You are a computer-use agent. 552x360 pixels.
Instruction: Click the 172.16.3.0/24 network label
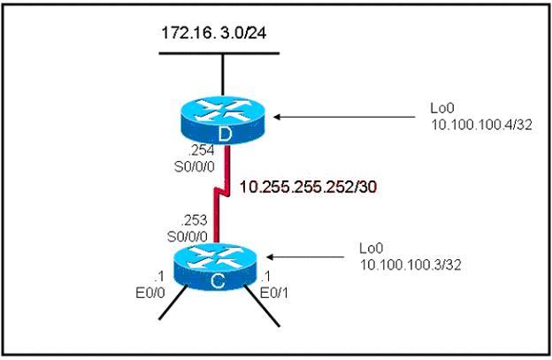(x=214, y=33)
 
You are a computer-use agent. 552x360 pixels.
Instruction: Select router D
(x=222, y=119)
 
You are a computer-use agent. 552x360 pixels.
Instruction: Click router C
(x=215, y=267)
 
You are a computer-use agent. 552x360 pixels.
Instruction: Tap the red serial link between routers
(x=222, y=194)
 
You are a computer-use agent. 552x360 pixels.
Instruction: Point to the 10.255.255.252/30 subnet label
(x=308, y=188)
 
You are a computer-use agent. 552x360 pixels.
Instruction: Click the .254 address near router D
(x=201, y=150)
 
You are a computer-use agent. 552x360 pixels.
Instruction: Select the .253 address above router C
(x=194, y=220)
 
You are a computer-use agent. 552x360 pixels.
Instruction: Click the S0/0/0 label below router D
(x=195, y=166)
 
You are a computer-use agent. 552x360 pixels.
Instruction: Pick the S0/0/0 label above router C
(x=188, y=236)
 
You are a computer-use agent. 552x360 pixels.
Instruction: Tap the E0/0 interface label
(x=150, y=293)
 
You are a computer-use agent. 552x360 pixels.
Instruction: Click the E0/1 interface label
(x=273, y=293)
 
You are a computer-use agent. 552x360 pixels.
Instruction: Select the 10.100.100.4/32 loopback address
(x=481, y=125)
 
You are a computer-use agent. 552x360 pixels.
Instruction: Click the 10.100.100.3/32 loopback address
(x=410, y=265)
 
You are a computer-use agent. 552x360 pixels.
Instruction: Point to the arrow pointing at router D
(x=344, y=117)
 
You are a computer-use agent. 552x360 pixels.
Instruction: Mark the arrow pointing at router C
(x=305, y=257)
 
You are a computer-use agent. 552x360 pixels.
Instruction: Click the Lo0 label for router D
(x=442, y=109)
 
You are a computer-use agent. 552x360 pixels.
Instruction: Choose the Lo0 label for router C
(x=371, y=249)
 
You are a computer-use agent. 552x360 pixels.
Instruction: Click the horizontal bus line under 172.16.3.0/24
(x=219, y=53)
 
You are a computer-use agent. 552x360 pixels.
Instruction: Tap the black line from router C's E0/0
(x=172, y=303)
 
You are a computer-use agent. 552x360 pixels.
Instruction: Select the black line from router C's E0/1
(x=262, y=305)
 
